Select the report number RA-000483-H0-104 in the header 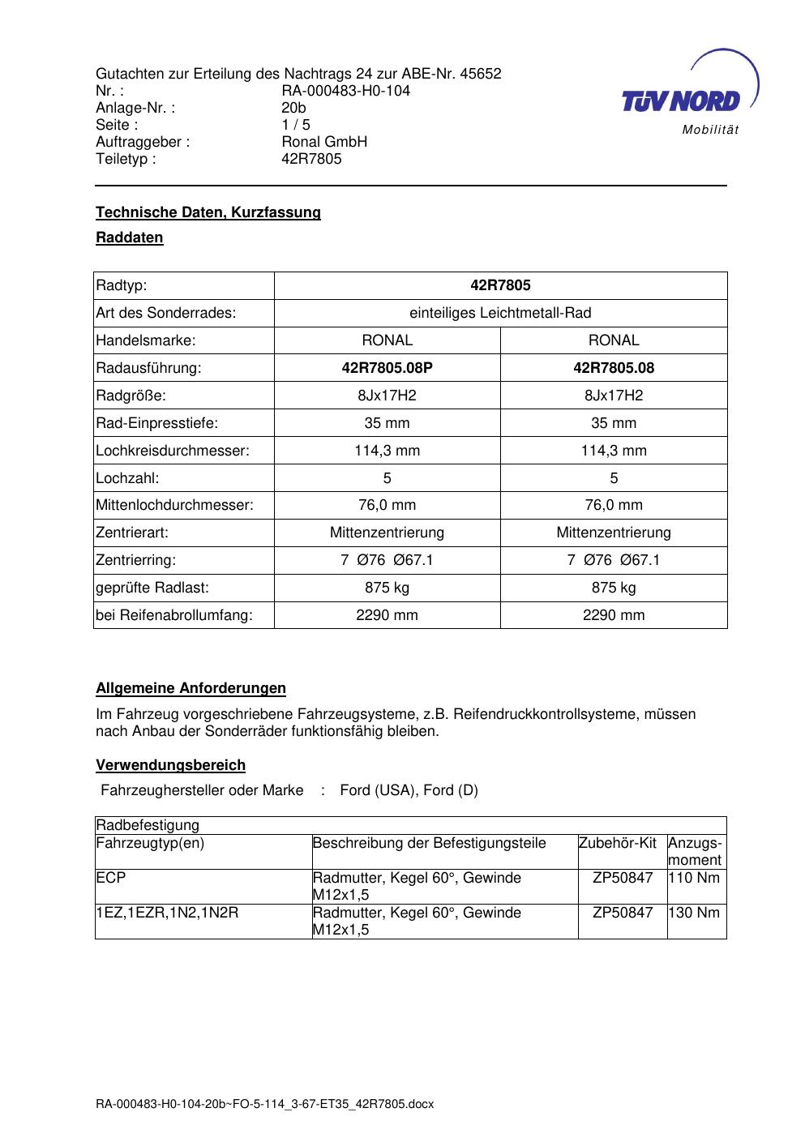(345, 91)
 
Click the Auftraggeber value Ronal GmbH (324, 142)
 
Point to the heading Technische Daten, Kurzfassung (208, 212)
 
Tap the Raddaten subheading (130, 237)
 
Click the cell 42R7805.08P (387, 368)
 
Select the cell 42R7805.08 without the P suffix (614, 368)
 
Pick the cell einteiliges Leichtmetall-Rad (500, 313)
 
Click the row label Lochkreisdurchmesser (173, 451)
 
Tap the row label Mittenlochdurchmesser (174, 505)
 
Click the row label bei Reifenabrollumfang (174, 615)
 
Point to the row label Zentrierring (135, 560)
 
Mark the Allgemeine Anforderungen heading (191, 688)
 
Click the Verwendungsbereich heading (170, 765)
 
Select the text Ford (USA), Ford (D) (409, 790)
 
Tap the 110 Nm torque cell (696, 878)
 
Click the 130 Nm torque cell (696, 913)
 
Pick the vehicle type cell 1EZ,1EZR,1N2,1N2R (167, 913)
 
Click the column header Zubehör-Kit (617, 843)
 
